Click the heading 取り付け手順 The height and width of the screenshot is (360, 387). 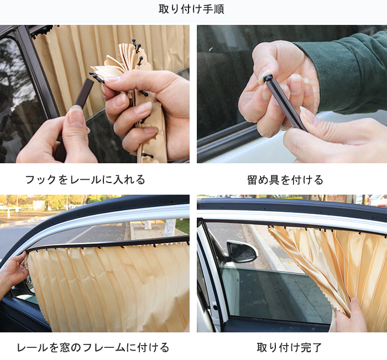click(x=191, y=9)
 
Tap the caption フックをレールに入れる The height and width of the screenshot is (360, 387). click(x=85, y=180)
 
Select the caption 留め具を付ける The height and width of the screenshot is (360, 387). click(x=285, y=180)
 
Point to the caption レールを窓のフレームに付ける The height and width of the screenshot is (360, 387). click(x=93, y=347)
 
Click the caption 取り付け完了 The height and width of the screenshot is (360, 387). click(x=289, y=347)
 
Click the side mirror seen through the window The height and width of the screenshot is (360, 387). click(x=242, y=252)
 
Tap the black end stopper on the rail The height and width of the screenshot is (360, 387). click(x=268, y=79)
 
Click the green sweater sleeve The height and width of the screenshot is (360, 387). click(x=346, y=71)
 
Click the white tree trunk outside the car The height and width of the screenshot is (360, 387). click(x=170, y=228)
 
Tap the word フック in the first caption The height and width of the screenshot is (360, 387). click(x=41, y=180)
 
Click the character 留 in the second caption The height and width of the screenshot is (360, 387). click(x=253, y=180)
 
